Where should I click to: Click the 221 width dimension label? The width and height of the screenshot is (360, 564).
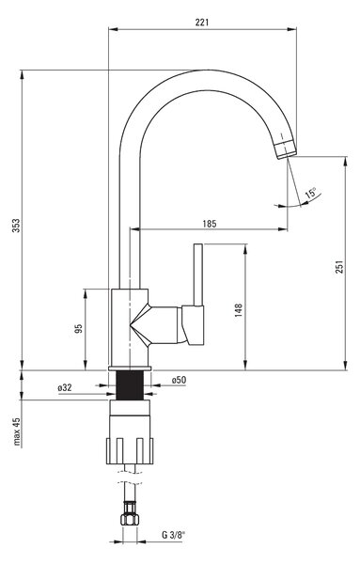[x=202, y=23]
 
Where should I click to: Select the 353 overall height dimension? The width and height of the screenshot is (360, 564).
[x=17, y=226]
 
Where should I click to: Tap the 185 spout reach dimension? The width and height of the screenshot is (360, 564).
[x=210, y=224]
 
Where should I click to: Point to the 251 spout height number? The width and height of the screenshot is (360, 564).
[x=339, y=267]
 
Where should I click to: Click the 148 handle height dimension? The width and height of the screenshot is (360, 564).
[x=239, y=310]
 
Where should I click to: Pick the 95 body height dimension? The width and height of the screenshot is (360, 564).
[x=78, y=328]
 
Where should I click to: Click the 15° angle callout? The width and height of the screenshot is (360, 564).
[x=311, y=193]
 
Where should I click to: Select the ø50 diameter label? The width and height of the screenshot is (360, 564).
[x=179, y=380]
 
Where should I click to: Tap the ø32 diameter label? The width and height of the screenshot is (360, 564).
[x=65, y=387]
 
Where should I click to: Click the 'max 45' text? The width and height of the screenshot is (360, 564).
[x=17, y=431]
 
